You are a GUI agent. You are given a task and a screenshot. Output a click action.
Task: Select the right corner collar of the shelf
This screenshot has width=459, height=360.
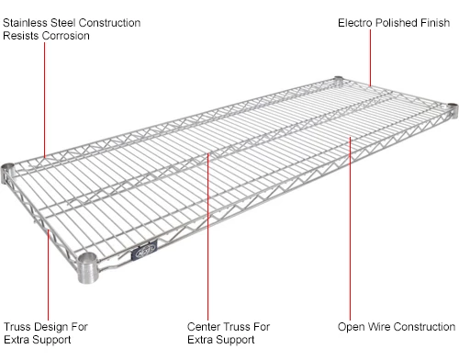tap(451, 111)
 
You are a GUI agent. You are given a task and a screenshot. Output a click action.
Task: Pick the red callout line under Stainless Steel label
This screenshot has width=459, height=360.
tap(45, 101)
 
